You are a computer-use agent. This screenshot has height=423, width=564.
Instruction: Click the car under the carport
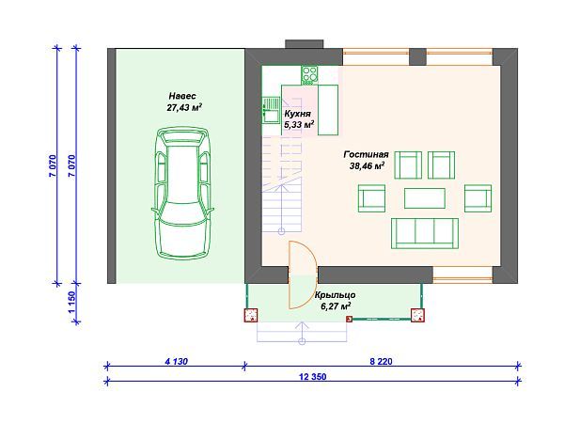183,193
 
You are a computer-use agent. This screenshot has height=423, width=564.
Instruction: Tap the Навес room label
182,96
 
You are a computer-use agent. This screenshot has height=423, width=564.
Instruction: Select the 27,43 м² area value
184,107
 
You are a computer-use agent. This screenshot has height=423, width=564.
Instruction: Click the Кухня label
297,114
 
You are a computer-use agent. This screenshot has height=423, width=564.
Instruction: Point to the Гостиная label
367,154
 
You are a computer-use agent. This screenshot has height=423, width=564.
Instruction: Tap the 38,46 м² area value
367,165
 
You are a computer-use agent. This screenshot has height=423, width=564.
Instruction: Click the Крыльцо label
336,295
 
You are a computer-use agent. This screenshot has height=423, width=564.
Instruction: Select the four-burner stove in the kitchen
309,75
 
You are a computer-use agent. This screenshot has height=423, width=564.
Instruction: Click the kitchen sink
271,110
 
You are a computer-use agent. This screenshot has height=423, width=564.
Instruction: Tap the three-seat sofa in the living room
425,233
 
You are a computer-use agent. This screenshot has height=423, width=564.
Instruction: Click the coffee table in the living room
425,198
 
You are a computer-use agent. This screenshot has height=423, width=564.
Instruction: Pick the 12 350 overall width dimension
313,377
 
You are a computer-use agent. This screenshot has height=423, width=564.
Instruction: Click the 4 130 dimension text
177,361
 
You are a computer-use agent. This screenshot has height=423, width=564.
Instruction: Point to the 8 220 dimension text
381,361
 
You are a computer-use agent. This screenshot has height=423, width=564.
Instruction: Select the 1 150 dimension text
72,302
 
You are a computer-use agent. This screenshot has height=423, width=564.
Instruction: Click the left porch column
251,315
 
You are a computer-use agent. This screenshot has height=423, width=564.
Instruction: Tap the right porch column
417,315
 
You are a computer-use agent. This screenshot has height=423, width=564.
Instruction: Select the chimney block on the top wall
305,44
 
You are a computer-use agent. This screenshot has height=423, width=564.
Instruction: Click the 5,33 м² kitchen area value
299,125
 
